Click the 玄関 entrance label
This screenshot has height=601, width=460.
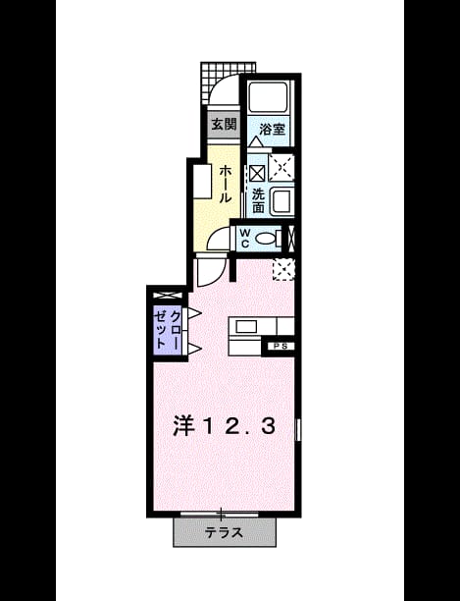click(224, 124)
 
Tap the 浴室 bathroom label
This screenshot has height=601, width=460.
click(272, 130)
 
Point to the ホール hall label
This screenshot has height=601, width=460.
click(225, 184)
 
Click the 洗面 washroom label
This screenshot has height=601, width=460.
click(258, 201)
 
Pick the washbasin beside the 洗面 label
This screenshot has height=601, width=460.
click(282, 201)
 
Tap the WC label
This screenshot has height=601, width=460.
click(245, 238)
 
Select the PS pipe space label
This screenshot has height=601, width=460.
click(281, 346)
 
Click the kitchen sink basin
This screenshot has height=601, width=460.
click(245, 327)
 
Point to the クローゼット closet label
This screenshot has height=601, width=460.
click(168, 329)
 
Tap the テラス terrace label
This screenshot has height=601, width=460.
click(224, 532)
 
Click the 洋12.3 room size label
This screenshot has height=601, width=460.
click(224, 426)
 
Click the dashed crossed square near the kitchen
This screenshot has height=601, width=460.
click(283, 269)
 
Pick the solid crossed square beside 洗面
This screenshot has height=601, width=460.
click(257, 173)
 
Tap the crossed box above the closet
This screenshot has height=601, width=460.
click(168, 296)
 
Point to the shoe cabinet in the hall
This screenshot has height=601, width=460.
click(202, 182)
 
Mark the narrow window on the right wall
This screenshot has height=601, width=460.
click(298, 429)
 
